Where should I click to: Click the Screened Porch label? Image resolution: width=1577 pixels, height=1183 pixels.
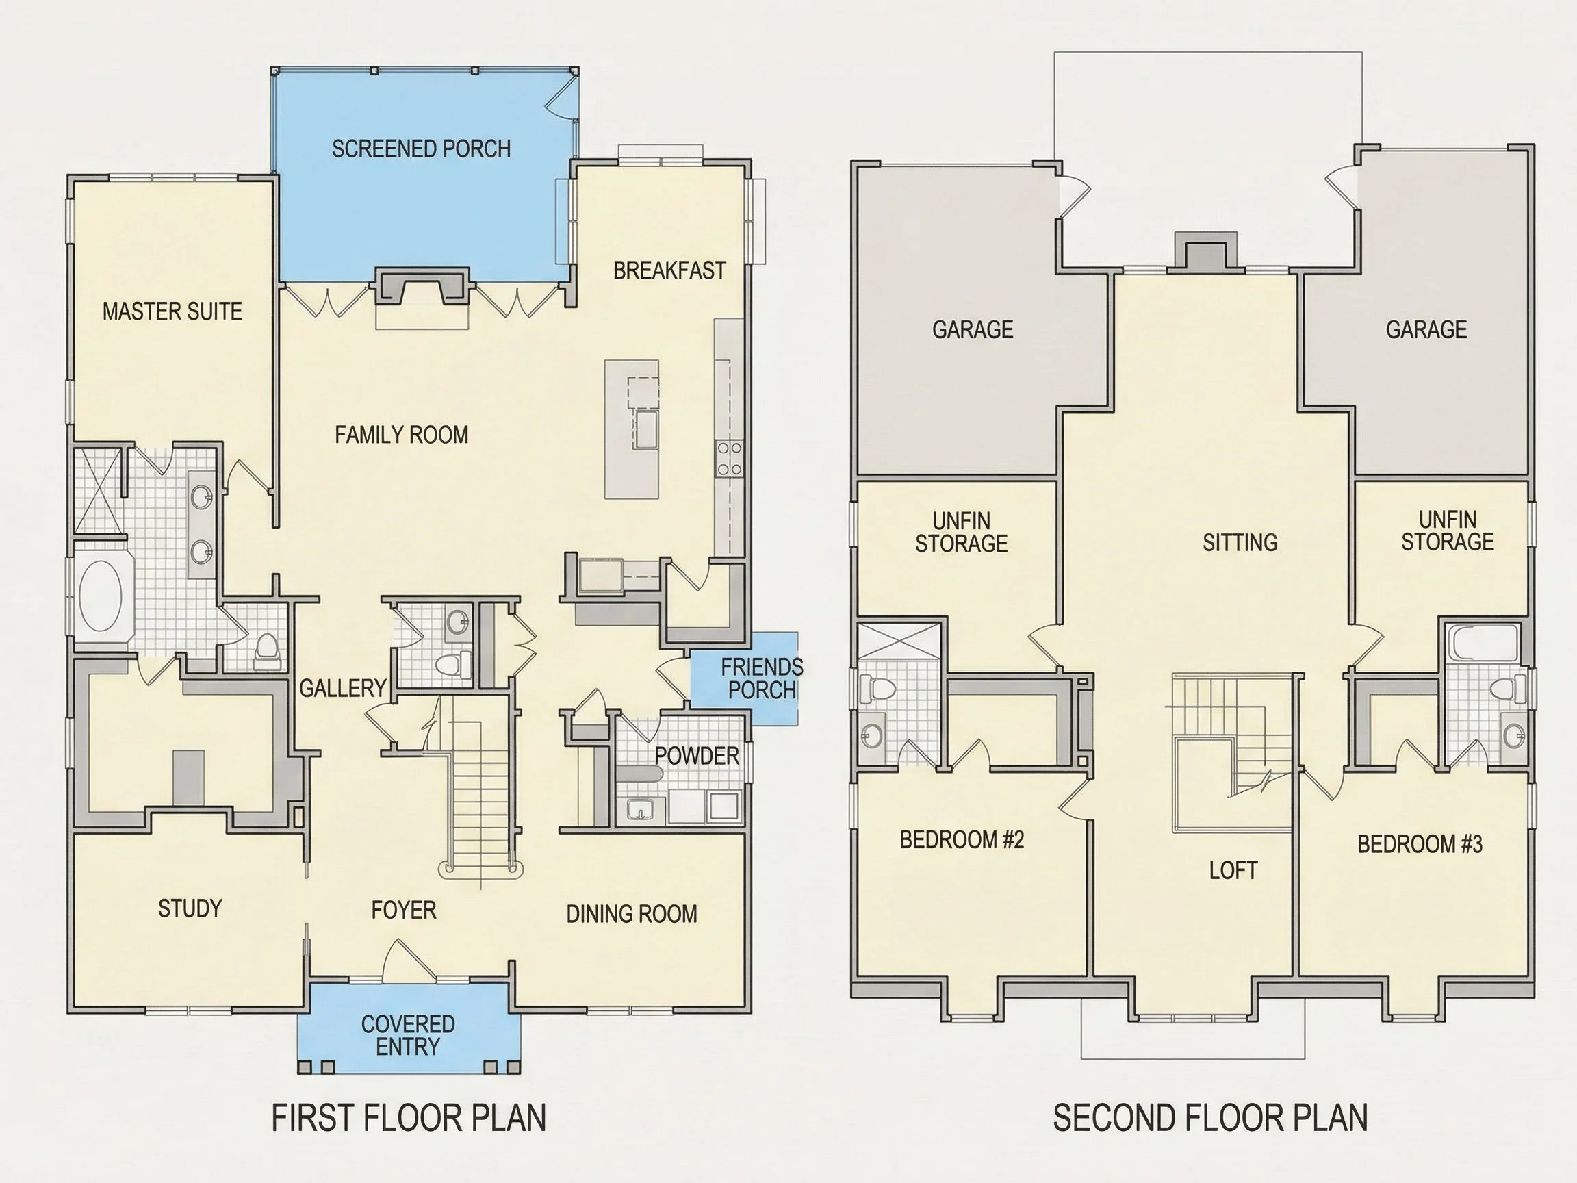422,149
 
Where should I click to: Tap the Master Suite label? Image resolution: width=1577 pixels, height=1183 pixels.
172,311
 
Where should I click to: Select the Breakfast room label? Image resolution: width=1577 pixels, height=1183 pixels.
669,271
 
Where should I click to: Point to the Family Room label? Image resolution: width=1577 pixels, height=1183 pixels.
401,435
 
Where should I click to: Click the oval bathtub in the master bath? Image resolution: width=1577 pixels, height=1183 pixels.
100,596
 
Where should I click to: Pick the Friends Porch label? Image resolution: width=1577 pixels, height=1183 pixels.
761,679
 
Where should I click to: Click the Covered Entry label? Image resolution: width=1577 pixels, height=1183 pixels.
408,1035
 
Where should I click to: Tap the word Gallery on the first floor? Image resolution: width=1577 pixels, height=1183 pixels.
343,689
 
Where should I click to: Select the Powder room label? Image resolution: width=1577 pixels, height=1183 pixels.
697,756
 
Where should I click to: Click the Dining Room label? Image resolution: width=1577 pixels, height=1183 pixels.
632,914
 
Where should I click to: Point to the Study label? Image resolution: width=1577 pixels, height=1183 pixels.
190,908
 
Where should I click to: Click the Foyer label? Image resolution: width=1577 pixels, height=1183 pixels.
404,911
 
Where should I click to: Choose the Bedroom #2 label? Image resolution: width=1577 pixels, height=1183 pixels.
962,840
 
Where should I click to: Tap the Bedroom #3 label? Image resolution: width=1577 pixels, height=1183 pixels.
1420,844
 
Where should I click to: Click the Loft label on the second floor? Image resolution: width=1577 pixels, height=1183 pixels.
1233,871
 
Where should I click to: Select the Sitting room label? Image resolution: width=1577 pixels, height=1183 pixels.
1240,544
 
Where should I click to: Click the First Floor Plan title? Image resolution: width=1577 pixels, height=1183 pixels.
409,1118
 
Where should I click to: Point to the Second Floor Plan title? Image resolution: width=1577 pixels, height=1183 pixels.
1211,1118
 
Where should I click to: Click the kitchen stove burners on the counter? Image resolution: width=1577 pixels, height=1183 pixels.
730,459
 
